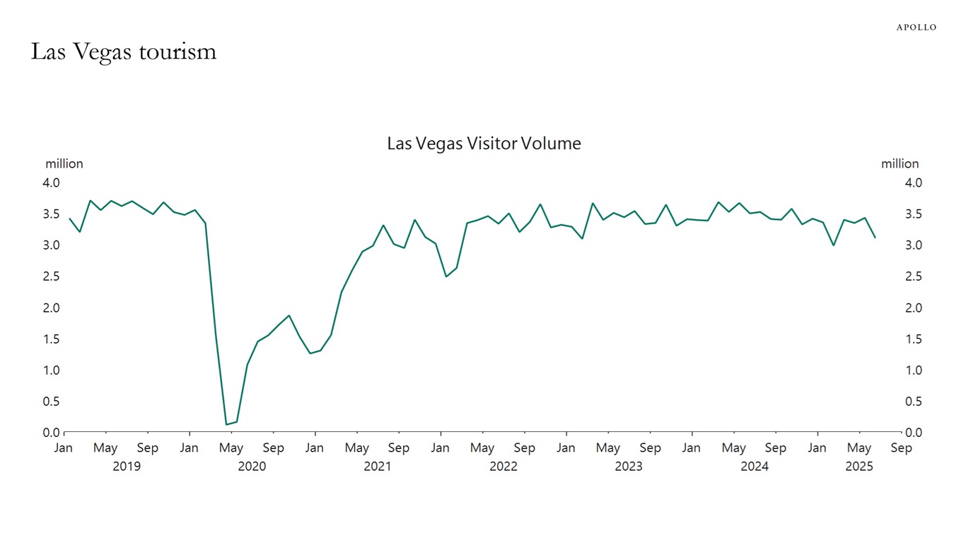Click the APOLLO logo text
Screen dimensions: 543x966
coord(916,27)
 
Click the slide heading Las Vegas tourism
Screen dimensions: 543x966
coord(123,52)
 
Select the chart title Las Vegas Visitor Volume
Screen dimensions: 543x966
coord(484,144)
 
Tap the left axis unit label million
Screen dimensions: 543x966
coord(64,163)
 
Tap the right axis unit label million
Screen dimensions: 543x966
coord(900,163)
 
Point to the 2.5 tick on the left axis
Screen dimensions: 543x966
coord(52,276)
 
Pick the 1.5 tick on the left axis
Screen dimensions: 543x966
coord(52,339)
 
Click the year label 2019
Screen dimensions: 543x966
coord(127,467)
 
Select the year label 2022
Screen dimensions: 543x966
coord(504,467)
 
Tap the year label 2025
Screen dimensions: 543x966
coord(859,467)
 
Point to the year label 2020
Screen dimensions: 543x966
coord(252,467)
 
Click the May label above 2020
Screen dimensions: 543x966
coord(231,448)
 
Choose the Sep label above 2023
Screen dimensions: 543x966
coord(650,448)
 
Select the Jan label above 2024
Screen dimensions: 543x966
coord(691,448)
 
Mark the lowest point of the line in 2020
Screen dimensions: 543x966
coord(226,424)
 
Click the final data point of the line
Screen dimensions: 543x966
coord(875,238)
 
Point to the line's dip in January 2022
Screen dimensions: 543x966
coord(446,276)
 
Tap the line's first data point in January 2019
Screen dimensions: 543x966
coord(69,218)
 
